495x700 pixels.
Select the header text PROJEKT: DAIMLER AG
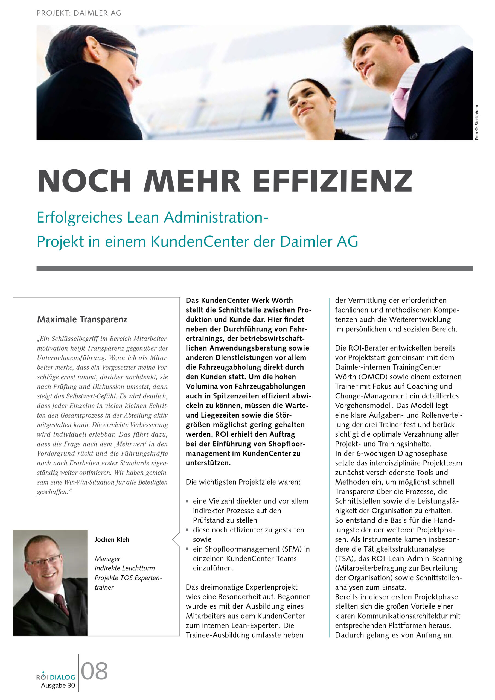point(79,13)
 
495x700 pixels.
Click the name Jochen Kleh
point(112,540)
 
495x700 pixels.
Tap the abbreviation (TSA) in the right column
point(344,559)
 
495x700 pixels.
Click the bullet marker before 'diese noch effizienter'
point(187,530)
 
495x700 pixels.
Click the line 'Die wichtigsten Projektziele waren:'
point(243,482)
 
